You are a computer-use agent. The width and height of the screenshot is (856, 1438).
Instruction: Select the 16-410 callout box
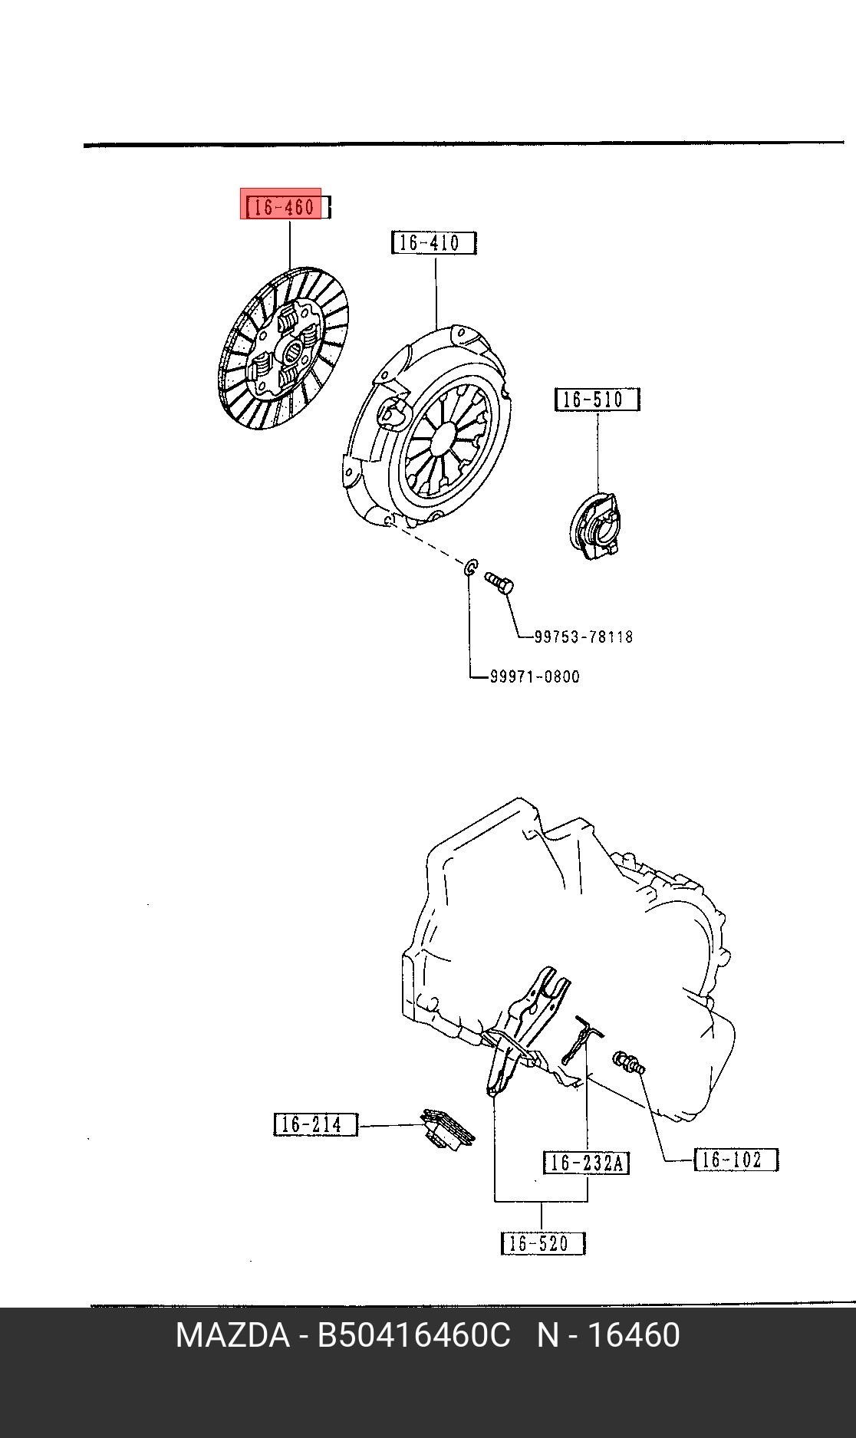tap(433, 243)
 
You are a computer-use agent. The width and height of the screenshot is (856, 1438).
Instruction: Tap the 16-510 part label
tap(597, 400)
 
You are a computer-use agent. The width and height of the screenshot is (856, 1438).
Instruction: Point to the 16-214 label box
tap(316, 1124)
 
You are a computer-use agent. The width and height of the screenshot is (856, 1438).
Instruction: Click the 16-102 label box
tap(736, 1159)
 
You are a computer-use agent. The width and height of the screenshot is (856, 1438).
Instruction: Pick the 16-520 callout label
tap(542, 1243)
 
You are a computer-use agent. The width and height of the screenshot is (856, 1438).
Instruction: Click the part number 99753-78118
tap(584, 637)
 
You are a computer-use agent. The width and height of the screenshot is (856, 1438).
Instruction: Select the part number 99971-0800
tap(535, 676)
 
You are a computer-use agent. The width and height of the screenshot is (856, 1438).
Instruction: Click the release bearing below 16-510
tap(594, 525)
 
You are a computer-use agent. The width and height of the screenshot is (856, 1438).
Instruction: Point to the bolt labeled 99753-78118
tap(499, 583)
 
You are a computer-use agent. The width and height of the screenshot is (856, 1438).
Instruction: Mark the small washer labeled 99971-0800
tap(471, 568)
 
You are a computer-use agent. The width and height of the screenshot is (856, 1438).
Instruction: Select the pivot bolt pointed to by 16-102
tap(629, 1063)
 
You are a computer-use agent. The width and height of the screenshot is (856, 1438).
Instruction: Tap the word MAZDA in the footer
tap(232, 1335)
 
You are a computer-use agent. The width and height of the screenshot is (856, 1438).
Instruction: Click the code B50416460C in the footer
tap(414, 1335)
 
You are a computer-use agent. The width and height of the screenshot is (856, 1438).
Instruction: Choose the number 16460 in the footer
tap(634, 1335)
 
